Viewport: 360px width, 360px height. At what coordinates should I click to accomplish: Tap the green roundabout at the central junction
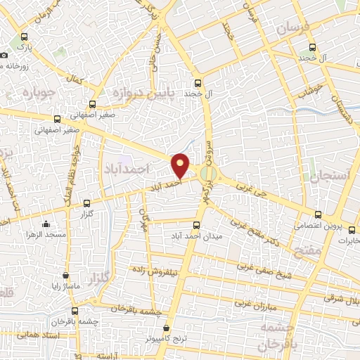tap(207, 173)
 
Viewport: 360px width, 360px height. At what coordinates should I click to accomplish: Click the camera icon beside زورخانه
tap(5, 55)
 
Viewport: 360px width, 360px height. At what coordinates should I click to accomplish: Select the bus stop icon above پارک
tap(25, 37)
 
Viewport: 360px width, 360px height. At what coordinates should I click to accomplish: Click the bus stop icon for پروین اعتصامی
tap(319, 214)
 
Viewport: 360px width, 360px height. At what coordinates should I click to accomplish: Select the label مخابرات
tap(345, 240)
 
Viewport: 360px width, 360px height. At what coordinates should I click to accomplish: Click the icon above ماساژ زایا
tap(66, 276)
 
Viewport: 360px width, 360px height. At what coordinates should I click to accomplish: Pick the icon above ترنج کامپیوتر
tap(167, 328)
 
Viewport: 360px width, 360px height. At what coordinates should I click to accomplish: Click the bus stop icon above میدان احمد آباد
tap(196, 226)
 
